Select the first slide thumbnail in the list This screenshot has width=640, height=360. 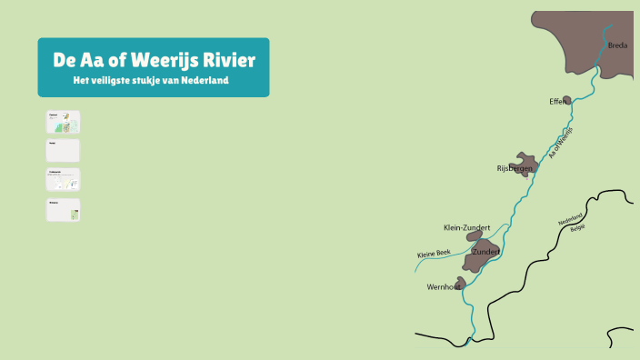coord(63,122)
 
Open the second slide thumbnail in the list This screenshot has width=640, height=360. coord(63,150)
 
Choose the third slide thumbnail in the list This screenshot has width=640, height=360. coord(63,179)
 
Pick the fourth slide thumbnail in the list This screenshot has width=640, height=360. coord(63,210)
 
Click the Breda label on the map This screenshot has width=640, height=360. coord(618,45)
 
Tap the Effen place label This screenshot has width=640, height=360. coord(557,101)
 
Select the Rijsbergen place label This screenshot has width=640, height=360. coord(514,169)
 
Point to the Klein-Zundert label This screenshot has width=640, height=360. coord(466,227)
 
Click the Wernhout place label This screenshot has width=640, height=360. coord(444,287)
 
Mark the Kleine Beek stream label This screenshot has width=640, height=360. coord(434,254)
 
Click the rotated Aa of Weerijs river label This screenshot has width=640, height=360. coord(562,146)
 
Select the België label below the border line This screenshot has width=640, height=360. coord(578,228)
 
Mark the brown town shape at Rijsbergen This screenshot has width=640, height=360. coord(525,160)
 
